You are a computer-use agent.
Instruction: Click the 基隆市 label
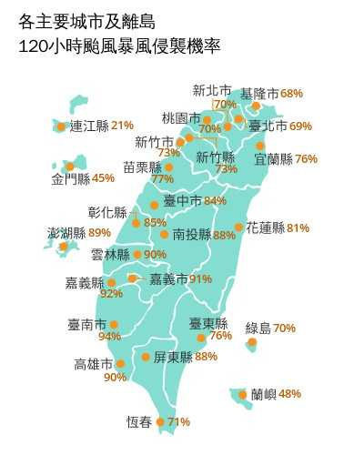259,94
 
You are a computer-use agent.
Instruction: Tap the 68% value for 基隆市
291,94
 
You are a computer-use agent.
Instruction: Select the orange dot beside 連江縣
61,126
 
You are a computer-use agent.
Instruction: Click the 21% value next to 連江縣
122,125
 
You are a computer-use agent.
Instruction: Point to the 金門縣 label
71,178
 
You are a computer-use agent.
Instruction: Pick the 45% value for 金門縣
104,178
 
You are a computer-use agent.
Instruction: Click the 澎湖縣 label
66,233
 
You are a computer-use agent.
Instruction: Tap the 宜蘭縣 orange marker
260,146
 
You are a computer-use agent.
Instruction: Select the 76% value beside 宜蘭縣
306,158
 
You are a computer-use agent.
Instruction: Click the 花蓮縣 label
265,227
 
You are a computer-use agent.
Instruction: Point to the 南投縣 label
192,235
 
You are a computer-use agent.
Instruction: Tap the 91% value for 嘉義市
200,278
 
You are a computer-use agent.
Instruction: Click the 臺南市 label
86,324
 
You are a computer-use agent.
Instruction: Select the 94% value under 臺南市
109,337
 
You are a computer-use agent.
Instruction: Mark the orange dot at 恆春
160,421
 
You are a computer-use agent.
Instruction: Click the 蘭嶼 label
263,394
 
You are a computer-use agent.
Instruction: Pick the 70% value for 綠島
284,328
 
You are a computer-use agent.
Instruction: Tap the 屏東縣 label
173,357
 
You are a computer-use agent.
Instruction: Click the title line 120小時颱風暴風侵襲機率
118,45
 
